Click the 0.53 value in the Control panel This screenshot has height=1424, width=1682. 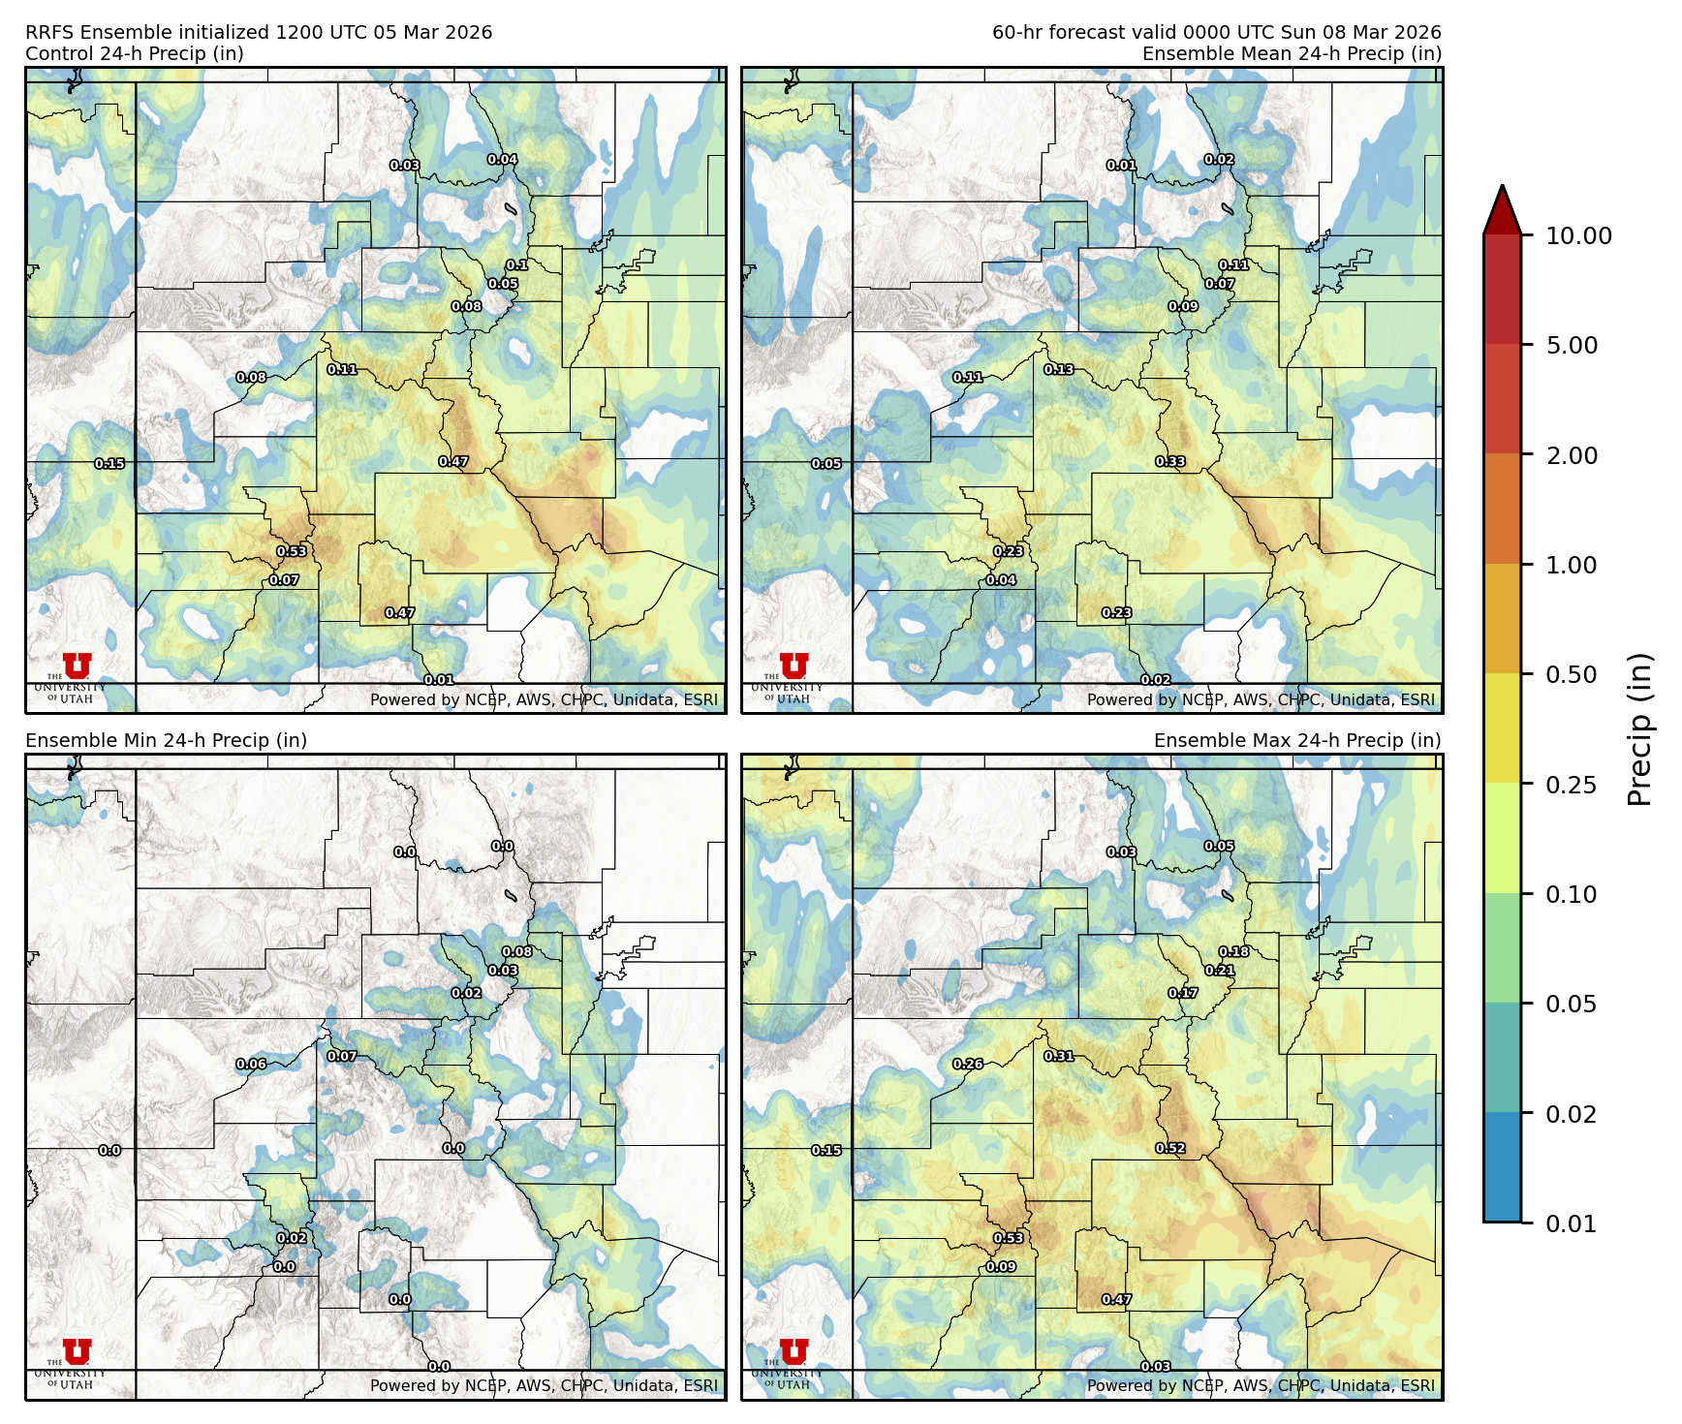tap(292, 551)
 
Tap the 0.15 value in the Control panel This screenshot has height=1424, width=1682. tap(109, 464)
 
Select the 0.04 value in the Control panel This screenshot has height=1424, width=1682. tap(502, 160)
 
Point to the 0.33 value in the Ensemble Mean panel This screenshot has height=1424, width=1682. tap(1170, 462)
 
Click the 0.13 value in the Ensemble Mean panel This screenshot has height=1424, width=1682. tap(1059, 369)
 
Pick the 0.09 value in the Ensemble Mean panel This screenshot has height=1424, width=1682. tap(1183, 306)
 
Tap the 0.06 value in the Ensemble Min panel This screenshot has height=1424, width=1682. tap(251, 1064)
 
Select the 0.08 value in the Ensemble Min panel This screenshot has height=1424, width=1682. tap(517, 952)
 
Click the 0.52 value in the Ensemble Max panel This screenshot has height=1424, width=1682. tap(1170, 1149)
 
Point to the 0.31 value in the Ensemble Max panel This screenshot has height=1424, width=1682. tap(1059, 1056)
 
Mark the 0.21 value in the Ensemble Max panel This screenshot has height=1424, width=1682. tap(1220, 971)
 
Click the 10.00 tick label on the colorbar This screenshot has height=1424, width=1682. tap(1578, 235)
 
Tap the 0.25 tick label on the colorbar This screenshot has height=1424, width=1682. tap(1571, 785)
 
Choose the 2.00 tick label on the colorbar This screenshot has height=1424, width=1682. tap(1571, 455)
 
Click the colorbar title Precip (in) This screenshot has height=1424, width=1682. tap(1639, 729)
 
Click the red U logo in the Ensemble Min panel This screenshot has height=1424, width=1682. tap(77, 1352)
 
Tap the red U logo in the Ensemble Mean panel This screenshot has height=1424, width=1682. tap(794, 666)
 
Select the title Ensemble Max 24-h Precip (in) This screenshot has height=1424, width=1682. tap(1297, 740)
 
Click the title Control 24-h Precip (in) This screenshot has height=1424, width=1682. tap(135, 53)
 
